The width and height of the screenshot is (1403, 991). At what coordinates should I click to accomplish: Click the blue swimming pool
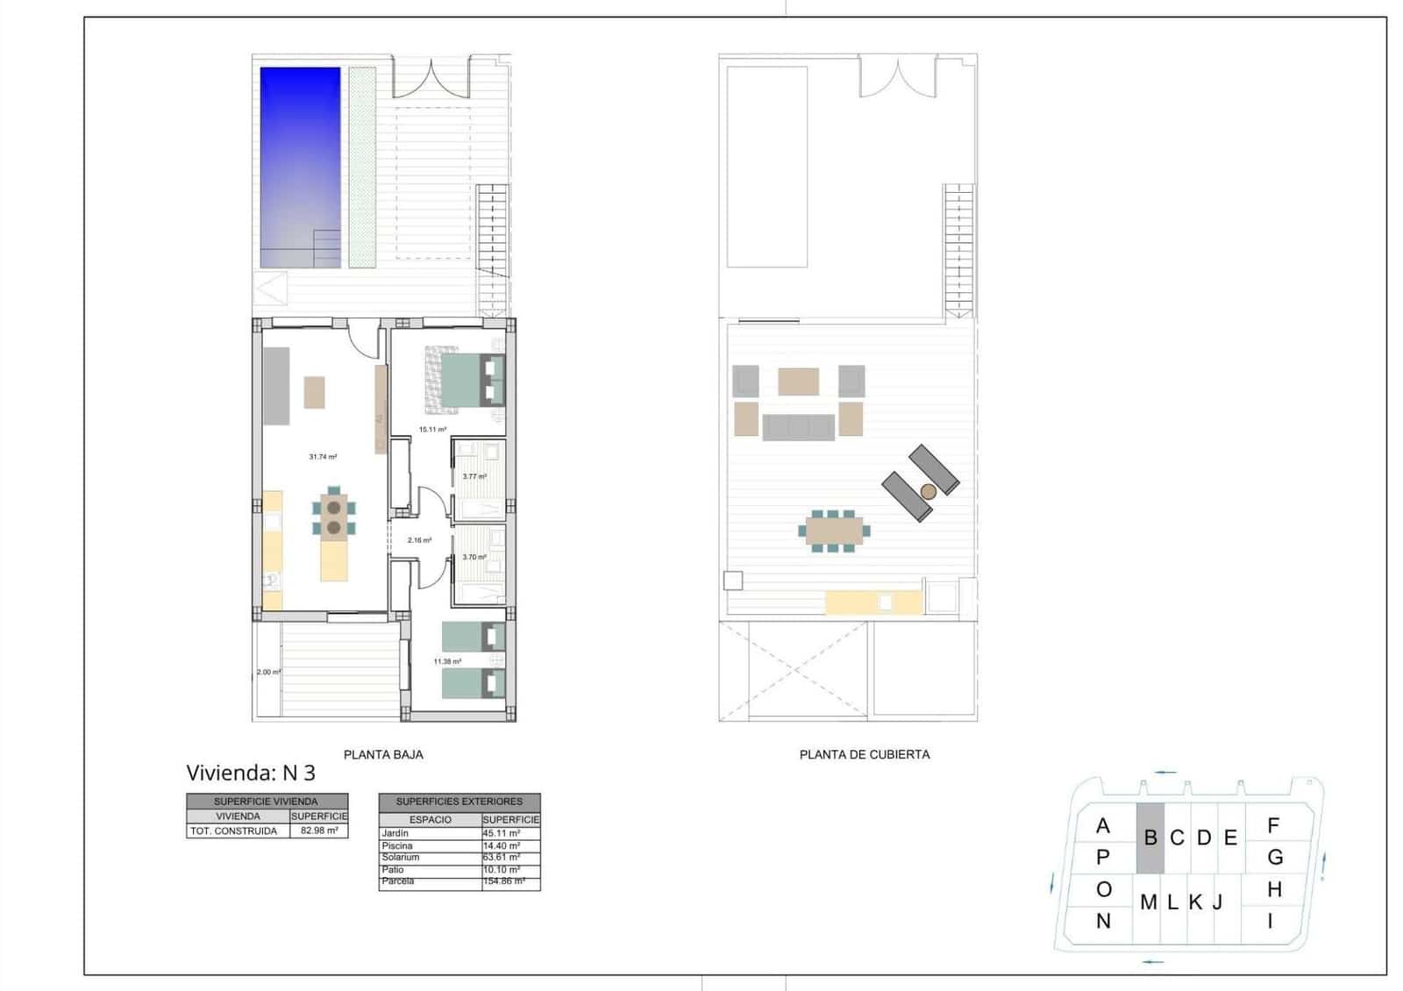point(300,167)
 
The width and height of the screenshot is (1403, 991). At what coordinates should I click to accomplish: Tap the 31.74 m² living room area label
point(323,457)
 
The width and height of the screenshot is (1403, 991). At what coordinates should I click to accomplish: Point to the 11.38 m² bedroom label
point(447,662)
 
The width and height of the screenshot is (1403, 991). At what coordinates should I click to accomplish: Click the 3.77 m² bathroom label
point(474,477)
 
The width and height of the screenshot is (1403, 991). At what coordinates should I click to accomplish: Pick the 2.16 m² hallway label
point(419,540)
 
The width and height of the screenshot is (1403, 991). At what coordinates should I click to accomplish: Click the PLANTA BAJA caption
point(383,754)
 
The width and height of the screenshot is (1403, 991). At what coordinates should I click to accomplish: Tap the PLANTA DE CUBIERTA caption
point(865,754)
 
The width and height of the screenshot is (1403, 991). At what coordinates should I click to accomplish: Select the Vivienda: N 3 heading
point(251,773)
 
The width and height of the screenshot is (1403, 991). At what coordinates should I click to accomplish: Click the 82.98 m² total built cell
point(318,831)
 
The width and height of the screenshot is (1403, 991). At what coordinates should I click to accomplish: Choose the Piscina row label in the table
point(397,845)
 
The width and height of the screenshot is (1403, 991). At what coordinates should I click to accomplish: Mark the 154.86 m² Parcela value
point(503,881)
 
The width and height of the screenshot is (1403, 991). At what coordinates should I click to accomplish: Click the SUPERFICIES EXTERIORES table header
point(459,802)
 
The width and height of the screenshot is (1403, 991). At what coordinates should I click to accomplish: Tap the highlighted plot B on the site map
point(1150,838)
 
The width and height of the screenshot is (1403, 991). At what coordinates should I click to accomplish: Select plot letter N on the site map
point(1103,922)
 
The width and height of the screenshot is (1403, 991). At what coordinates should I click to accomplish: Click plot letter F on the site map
point(1273,825)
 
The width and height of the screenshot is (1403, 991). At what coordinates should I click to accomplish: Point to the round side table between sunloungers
point(929,492)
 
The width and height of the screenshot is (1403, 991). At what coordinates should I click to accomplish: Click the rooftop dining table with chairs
point(833,531)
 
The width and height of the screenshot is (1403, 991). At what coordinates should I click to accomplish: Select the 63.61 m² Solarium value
point(501,858)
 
